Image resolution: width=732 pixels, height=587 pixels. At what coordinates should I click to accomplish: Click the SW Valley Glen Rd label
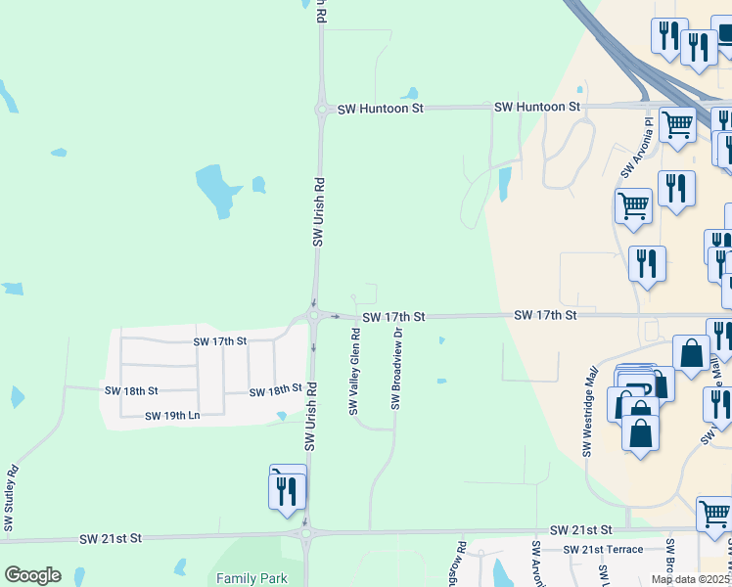(x=354, y=371)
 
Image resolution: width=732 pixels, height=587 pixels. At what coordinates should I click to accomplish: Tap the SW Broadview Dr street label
(x=396, y=368)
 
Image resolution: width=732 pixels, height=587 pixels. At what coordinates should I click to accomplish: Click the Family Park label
(x=252, y=578)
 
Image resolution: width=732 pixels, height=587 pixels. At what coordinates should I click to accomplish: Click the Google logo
(x=32, y=575)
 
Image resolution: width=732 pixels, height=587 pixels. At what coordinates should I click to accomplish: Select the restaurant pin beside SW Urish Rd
(x=287, y=490)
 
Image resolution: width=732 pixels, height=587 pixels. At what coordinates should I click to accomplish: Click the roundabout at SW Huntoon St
(x=321, y=110)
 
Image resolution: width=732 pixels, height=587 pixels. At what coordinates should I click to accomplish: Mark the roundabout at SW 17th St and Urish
(x=314, y=316)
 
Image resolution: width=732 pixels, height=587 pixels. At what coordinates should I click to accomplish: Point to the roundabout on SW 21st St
(x=305, y=533)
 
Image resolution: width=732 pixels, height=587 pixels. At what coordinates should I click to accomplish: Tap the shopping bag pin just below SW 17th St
(x=691, y=354)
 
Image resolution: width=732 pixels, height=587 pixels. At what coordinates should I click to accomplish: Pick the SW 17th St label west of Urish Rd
(x=220, y=341)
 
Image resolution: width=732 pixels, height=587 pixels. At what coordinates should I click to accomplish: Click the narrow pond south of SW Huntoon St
(x=505, y=182)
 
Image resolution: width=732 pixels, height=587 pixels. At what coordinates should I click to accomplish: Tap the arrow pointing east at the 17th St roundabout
(x=336, y=317)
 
